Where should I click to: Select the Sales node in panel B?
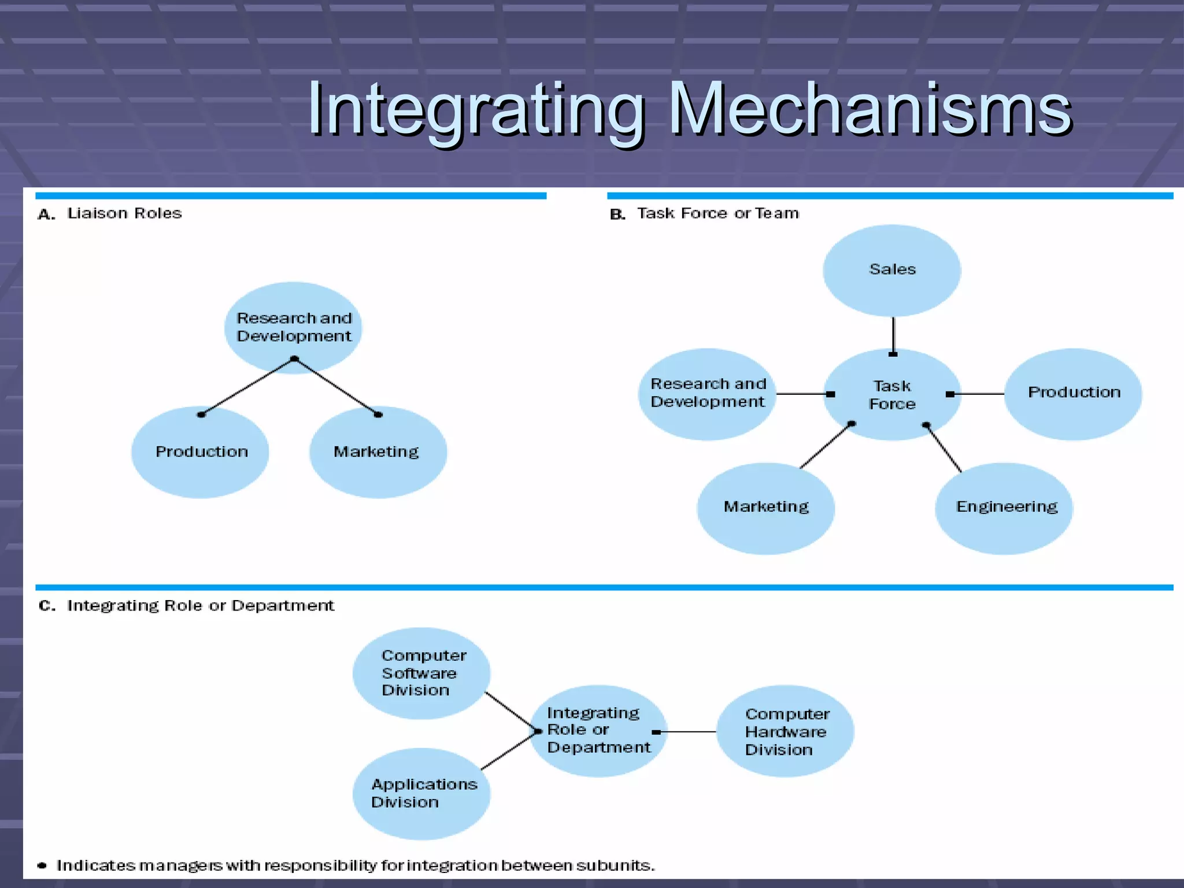pyautogui.click(x=892, y=270)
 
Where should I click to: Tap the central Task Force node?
pyautogui.click(x=892, y=395)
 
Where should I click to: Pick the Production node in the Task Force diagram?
pyautogui.click(x=1073, y=393)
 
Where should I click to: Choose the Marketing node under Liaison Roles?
pyautogui.click(x=378, y=452)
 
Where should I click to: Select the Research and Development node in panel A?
pyautogui.click(x=293, y=327)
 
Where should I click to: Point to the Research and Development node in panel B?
pyautogui.click(x=707, y=393)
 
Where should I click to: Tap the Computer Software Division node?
pyautogui.click(x=421, y=673)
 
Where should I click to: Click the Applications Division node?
pyautogui.click(x=421, y=793)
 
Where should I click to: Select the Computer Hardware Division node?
pyautogui.click(x=785, y=731)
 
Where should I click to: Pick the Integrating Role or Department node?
pyautogui.click(x=598, y=731)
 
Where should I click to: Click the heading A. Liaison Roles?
pyautogui.click(x=110, y=213)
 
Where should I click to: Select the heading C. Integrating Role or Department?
pyautogui.click(x=186, y=605)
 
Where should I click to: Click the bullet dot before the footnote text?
pyautogui.click(x=42, y=865)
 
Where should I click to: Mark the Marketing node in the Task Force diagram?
pyautogui.click(x=765, y=508)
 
